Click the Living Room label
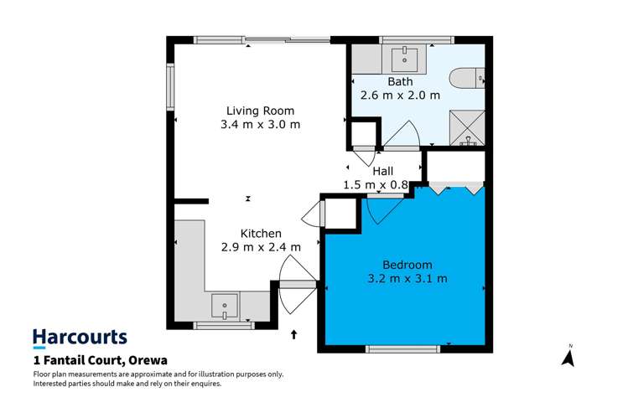coord(260,111)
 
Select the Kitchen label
coord(260,233)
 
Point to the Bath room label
coord(400,81)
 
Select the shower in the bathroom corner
coord(466,128)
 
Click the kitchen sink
coord(225,307)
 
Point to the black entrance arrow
coord(293,335)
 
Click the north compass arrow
coord(568,358)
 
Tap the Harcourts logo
coord(80,338)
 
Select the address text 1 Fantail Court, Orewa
coord(100,360)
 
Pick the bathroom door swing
coord(401,135)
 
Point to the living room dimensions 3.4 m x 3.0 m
coord(260,125)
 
